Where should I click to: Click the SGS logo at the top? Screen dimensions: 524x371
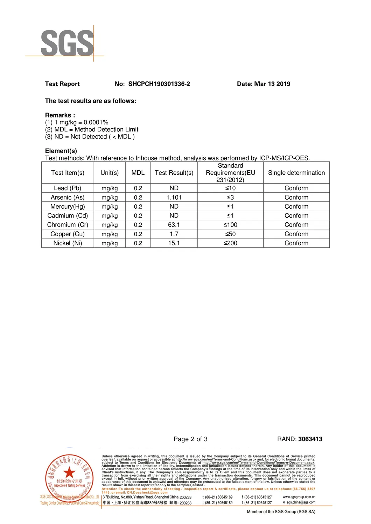[67, 43]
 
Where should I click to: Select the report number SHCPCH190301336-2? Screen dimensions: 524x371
[159, 84]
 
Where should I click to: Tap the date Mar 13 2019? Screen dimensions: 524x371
[272, 84]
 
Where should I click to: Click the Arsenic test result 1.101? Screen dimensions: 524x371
[174, 198]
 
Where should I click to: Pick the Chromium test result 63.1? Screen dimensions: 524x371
[174, 225]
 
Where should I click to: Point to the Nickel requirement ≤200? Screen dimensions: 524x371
[230, 243]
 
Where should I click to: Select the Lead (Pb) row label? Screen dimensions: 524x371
[68, 188]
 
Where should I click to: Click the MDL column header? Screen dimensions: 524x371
[138, 173]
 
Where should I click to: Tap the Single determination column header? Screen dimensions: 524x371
[296, 173]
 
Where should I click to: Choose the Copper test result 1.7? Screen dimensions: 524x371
[174, 234]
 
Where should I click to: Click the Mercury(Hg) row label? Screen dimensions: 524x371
[68, 207]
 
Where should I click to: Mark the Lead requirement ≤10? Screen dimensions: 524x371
[230, 188]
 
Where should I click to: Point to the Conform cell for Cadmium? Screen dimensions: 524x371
[296, 216]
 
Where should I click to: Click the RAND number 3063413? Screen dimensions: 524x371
[310, 439]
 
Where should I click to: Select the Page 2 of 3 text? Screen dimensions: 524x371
[190, 439]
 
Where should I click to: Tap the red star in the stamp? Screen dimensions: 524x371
[69, 472]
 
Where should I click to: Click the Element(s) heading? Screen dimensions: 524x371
[61, 151]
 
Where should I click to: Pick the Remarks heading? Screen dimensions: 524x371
[60, 115]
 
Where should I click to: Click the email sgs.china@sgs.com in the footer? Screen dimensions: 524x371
[301, 502]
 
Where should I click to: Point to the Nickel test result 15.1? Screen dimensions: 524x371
[174, 243]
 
